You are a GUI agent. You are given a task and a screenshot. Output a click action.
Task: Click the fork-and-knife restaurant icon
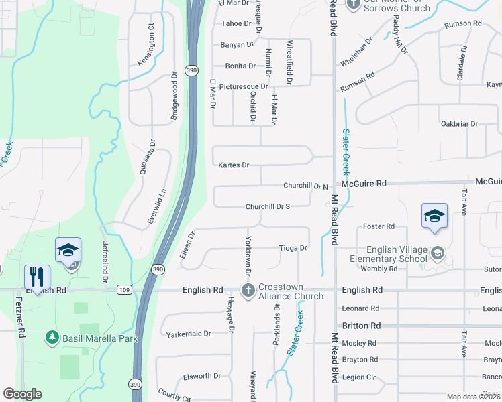37,277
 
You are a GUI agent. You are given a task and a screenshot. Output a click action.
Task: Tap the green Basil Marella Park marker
51,338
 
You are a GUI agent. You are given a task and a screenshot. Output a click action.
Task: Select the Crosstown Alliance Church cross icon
248,291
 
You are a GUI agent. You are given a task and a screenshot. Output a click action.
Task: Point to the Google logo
22,394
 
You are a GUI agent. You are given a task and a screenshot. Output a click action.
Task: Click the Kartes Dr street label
234,165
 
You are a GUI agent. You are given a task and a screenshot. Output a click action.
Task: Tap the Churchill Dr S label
267,207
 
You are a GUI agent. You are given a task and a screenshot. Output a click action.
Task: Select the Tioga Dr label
293,248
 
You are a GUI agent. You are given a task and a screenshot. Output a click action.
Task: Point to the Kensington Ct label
151,46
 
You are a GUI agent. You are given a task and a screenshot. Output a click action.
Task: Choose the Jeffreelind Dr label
105,263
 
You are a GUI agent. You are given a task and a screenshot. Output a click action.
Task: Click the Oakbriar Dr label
459,124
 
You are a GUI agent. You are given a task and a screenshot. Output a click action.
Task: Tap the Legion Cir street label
359,377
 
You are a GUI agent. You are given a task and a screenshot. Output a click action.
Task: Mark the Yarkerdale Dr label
189,333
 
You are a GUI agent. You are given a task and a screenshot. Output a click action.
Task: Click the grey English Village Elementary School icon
438,252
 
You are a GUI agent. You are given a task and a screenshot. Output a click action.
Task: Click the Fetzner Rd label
21,320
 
